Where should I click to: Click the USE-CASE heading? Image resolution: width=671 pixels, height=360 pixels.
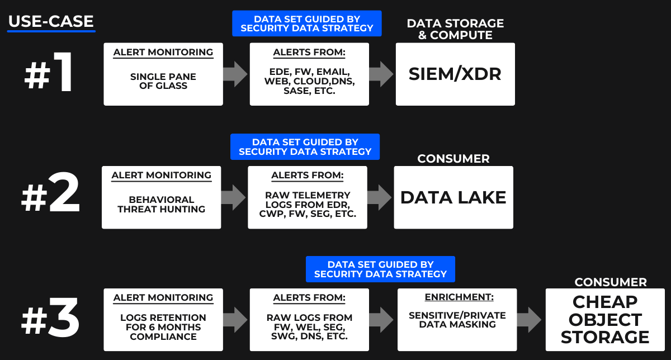pyautogui.click(x=51, y=22)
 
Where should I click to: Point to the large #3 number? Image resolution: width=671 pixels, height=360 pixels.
pyautogui.click(x=50, y=320)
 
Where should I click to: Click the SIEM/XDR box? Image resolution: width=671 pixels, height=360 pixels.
pyautogui.click(x=455, y=74)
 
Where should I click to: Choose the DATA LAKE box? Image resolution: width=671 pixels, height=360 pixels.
pyautogui.click(x=453, y=197)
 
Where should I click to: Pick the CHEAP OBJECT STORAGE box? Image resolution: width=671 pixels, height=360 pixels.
pyautogui.click(x=605, y=320)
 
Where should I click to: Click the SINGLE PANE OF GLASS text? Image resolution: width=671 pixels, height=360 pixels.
pyautogui.click(x=163, y=81)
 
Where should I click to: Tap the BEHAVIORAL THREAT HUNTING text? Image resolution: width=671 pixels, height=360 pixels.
pyautogui.click(x=161, y=204)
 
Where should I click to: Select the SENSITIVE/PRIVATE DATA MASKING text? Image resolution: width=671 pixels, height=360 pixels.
pyautogui.click(x=457, y=320)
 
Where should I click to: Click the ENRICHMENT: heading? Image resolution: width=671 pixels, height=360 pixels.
pyautogui.click(x=457, y=297)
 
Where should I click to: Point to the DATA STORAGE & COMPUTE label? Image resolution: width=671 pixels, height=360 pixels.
pyautogui.click(x=455, y=29)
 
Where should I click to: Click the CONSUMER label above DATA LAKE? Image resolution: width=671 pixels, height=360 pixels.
pyautogui.click(x=453, y=159)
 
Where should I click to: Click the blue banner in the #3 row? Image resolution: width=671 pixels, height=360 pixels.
pyautogui.click(x=380, y=269)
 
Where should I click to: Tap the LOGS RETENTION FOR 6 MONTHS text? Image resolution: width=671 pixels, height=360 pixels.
pyautogui.click(x=163, y=327)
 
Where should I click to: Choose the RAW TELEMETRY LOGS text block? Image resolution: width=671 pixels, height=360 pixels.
pyautogui.click(x=308, y=204)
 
